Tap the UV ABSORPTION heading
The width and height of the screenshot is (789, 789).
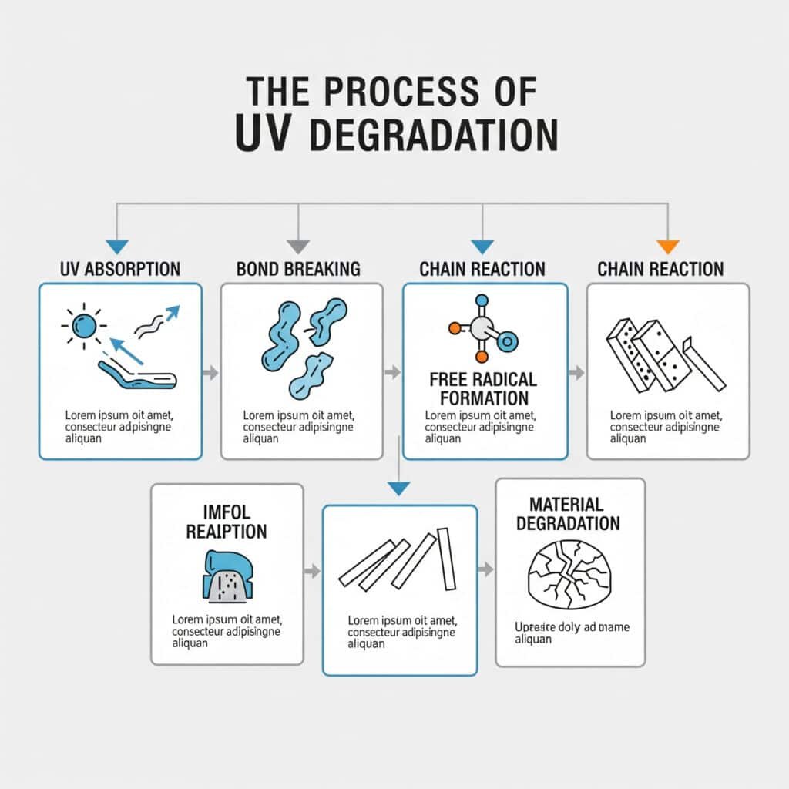click(x=120, y=269)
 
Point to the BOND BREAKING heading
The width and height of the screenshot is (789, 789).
click(x=298, y=269)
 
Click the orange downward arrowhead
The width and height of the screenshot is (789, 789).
click(x=667, y=247)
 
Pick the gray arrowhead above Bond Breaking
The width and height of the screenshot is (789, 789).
click(x=298, y=247)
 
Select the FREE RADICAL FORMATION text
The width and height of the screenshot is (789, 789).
click(x=483, y=389)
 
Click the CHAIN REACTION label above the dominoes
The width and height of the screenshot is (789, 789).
click(x=660, y=269)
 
